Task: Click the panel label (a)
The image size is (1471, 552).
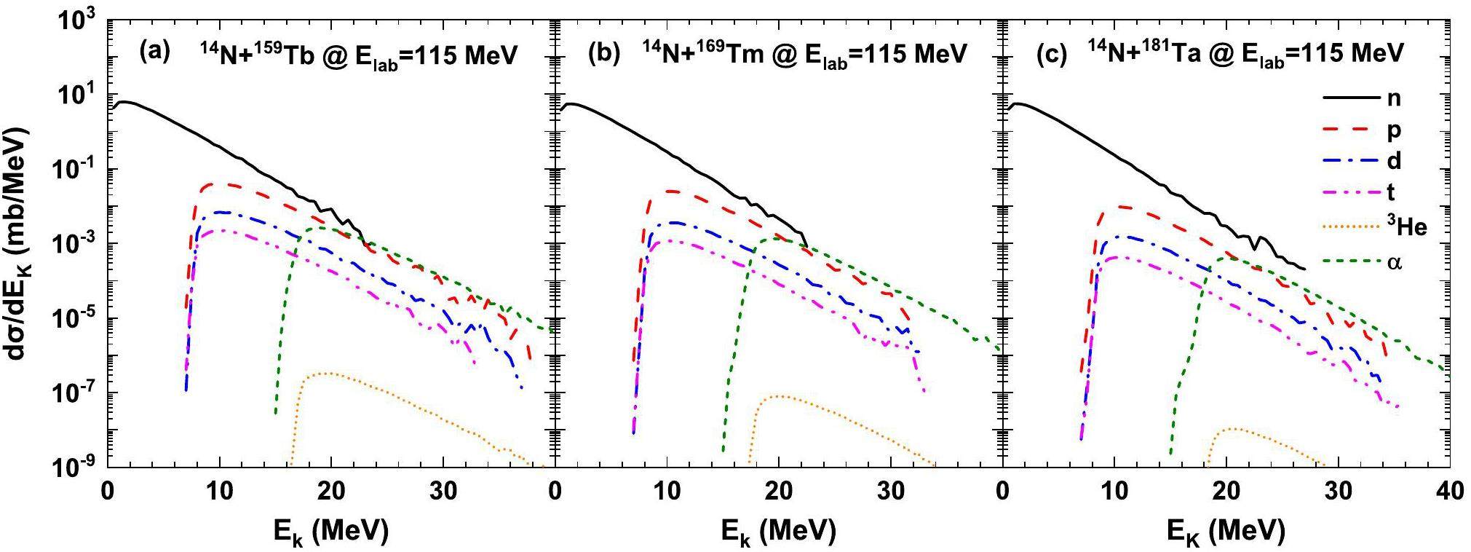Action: (154, 53)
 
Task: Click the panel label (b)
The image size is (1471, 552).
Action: (602, 53)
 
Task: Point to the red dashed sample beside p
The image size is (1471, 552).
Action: (1351, 130)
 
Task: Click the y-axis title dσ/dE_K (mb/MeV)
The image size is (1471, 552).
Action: (20, 245)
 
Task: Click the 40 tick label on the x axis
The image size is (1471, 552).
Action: (1448, 493)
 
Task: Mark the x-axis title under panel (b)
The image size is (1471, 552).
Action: (778, 532)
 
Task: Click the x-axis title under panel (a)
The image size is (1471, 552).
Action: (330, 532)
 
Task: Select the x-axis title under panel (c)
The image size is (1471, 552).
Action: (1226, 532)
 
